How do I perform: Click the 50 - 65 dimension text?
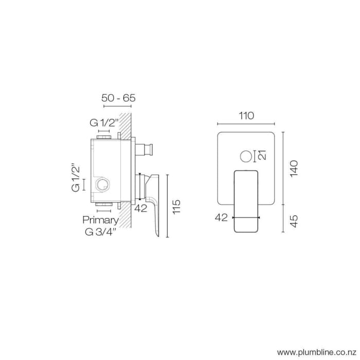click(x=119, y=98)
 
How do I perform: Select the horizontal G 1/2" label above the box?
click(x=104, y=123)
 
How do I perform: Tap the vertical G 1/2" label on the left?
click(x=76, y=177)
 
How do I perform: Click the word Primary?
click(x=101, y=220)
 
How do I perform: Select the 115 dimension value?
click(x=177, y=206)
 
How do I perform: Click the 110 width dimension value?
click(x=246, y=116)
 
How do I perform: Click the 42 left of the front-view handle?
click(x=221, y=218)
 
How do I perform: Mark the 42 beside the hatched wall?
click(x=140, y=208)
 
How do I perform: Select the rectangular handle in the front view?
click(x=247, y=201)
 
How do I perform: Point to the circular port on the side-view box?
click(x=102, y=185)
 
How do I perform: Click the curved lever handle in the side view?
click(x=153, y=203)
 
